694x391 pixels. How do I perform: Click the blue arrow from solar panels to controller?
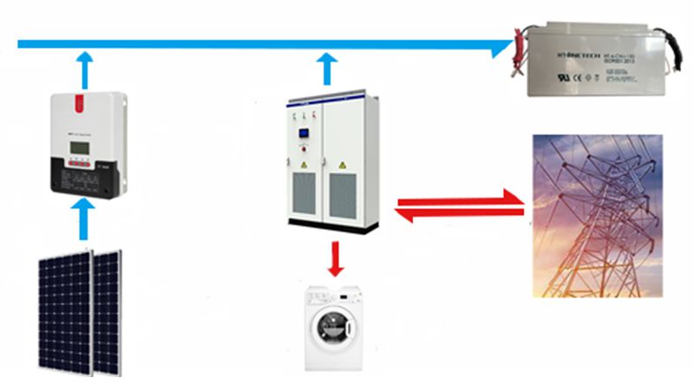tap(83, 218)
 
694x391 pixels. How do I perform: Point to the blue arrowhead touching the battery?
tap(501, 45)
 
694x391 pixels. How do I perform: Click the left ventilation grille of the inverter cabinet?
tap(305, 194)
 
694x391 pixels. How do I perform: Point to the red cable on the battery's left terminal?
tap(517, 48)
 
